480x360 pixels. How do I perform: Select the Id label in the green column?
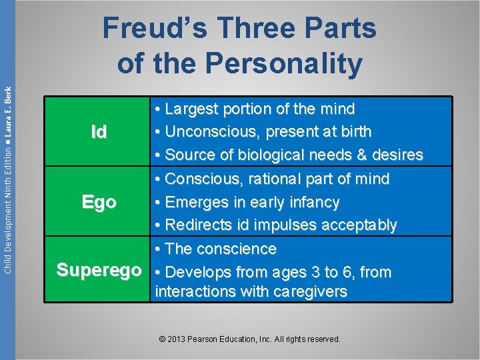click(99, 132)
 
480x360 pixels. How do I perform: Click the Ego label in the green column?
click(99, 202)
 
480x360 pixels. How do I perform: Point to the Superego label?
click(99, 271)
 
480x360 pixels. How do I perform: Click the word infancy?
click(313, 202)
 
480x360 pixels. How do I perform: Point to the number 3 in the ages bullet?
click(298, 272)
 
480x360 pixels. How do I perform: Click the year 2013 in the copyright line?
click(177, 339)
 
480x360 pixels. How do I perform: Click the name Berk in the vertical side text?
click(7, 96)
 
